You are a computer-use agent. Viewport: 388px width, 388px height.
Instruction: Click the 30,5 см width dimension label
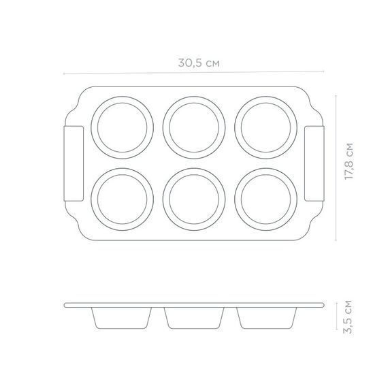199,63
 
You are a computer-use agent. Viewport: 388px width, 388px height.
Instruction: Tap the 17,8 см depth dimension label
349,161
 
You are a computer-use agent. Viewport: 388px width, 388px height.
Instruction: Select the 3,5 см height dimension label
348,317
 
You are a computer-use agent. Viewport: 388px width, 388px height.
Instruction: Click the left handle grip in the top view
74,163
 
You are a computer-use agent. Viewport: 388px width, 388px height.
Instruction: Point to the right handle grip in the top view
314,163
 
